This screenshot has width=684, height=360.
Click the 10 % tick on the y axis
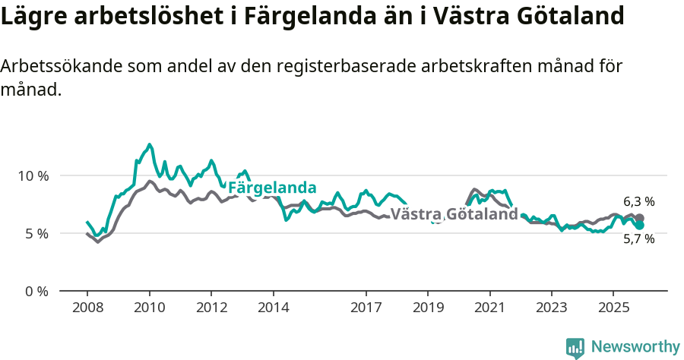tap(33, 175)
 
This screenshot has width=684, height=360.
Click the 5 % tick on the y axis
tap(36, 233)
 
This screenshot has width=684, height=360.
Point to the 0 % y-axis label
tap(36, 291)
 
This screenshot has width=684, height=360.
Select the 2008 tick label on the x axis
tap(87, 308)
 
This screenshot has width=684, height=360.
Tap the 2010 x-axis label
tap(149, 308)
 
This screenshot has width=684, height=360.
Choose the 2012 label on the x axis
tap(211, 308)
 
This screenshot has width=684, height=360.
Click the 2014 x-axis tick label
tap(273, 308)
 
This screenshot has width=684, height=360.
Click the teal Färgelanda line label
tap(272, 188)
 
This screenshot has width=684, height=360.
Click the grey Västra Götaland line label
tap(454, 214)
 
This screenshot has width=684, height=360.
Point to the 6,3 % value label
tap(639, 201)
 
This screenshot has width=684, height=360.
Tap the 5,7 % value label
tap(639, 239)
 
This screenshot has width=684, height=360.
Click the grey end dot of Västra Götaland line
tap(640, 218)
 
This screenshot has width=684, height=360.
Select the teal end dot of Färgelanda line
tap(640, 226)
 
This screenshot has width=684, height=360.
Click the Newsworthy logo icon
tap(575, 348)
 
